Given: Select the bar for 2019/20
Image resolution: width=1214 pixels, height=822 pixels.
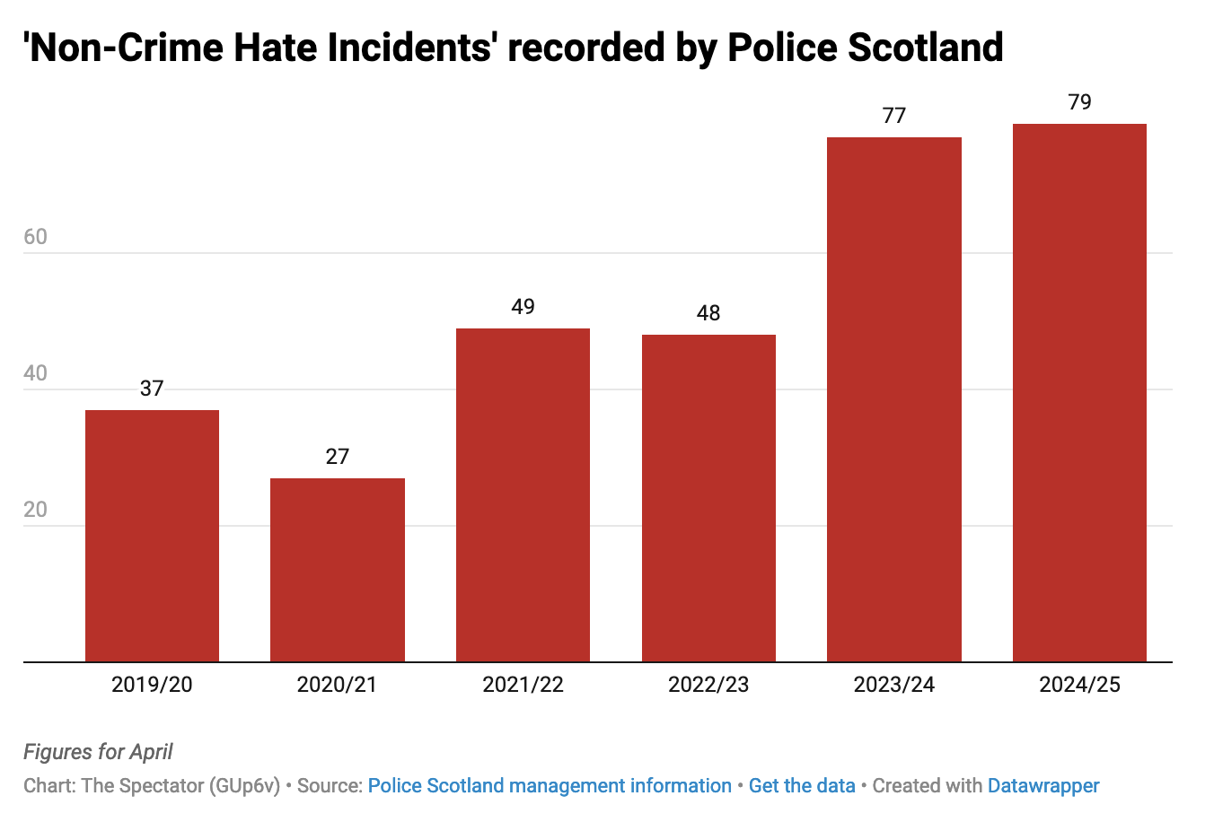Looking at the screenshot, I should [x=152, y=536].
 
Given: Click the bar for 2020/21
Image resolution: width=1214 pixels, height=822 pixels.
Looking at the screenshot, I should [x=338, y=570].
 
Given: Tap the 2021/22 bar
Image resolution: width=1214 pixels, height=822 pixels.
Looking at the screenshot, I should [x=523, y=494].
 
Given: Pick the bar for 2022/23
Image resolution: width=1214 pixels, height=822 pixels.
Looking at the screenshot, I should [x=708, y=498].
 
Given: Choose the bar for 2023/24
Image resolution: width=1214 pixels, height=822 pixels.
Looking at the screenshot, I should [x=894, y=399].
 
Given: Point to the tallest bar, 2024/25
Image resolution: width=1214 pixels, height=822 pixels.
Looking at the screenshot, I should [x=1079, y=392].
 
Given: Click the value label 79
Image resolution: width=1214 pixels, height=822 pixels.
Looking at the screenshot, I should [x=1079, y=102].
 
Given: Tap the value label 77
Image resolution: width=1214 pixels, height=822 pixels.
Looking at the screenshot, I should [x=894, y=116].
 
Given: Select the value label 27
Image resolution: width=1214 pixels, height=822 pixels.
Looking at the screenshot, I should [x=338, y=457].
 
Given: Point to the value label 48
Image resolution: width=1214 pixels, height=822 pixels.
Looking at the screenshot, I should [x=708, y=313].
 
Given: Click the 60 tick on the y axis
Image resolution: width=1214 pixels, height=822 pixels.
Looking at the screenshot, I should [x=36, y=237].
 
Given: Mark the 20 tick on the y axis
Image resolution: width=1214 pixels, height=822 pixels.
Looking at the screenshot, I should [x=36, y=510].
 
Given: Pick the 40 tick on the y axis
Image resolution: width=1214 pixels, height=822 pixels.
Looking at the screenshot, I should [x=36, y=373].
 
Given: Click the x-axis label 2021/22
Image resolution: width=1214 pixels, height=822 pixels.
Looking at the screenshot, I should [x=523, y=685].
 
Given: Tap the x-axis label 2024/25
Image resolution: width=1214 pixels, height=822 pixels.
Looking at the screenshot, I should [x=1079, y=685].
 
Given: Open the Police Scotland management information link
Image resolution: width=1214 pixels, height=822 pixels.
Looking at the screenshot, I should [x=550, y=786].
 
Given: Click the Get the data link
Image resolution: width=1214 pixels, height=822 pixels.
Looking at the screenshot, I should [x=802, y=786].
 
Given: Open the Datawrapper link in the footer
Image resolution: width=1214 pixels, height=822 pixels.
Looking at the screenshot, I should [x=1043, y=786].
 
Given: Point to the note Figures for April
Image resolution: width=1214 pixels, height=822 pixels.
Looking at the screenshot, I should [x=98, y=752].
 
